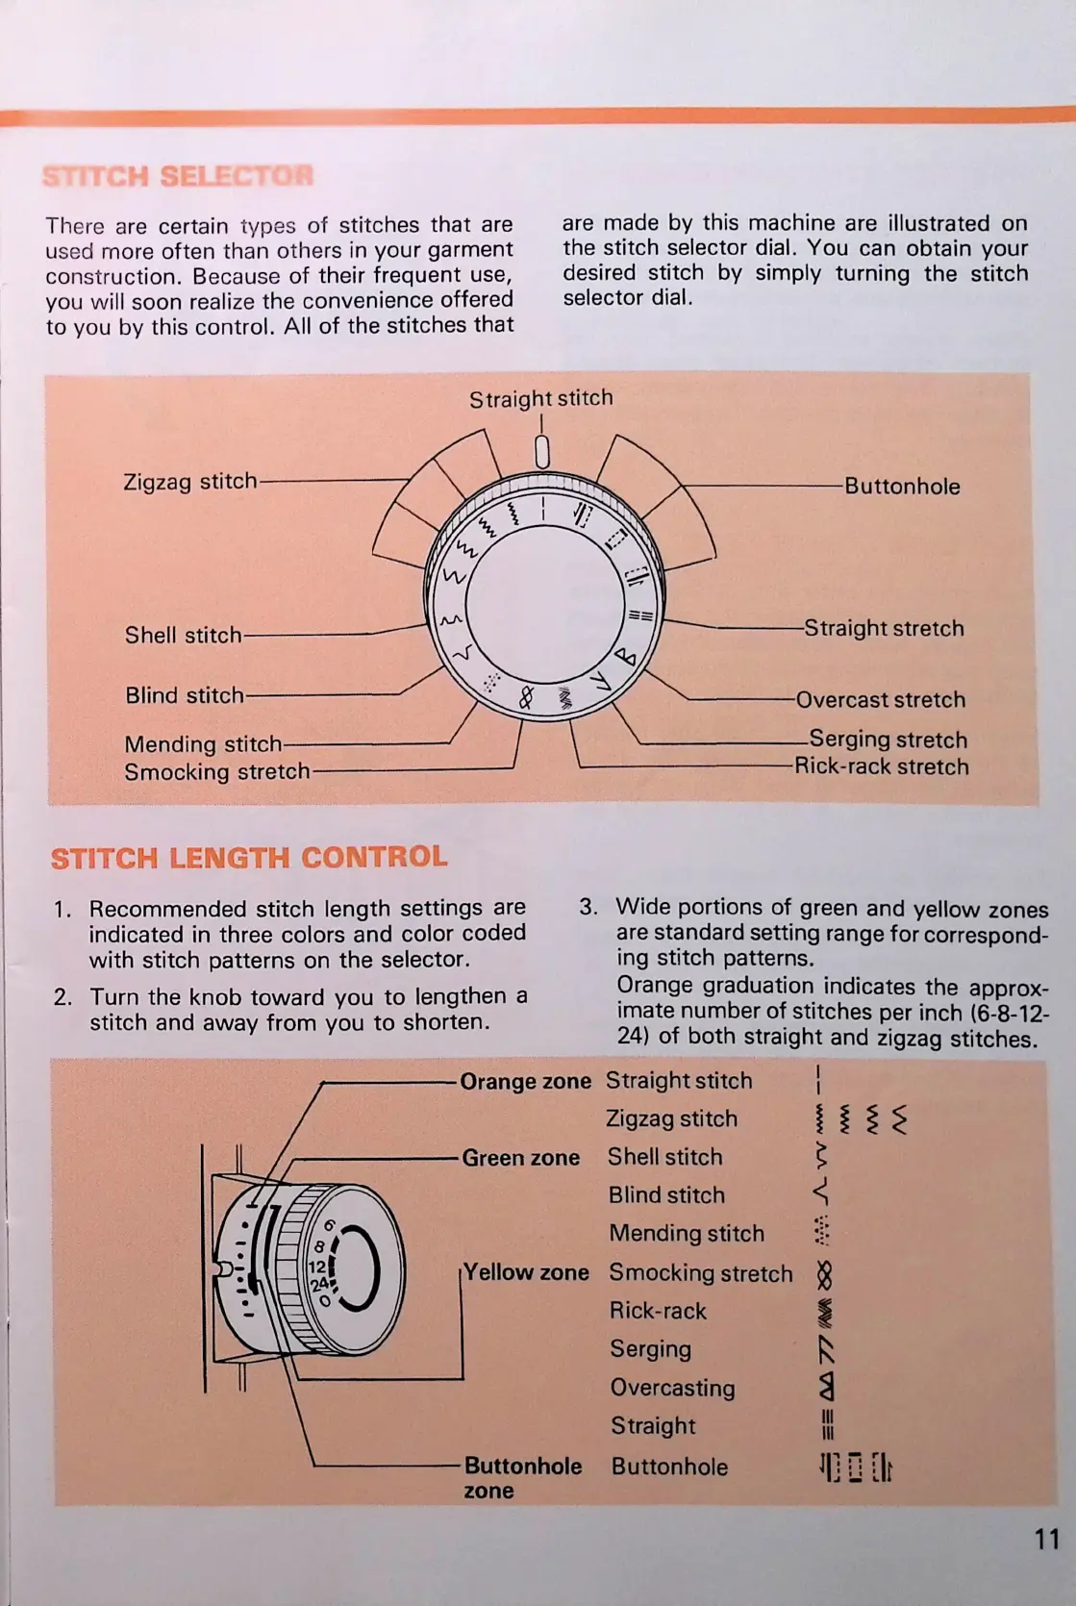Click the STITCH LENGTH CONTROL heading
pyautogui.click(x=249, y=857)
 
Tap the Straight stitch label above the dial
pyautogui.click(x=540, y=398)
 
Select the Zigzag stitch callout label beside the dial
pyautogui.click(x=190, y=481)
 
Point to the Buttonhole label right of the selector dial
pyautogui.click(x=902, y=487)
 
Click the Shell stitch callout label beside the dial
pyautogui.click(x=183, y=635)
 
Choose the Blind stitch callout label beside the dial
pyautogui.click(x=185, y=695)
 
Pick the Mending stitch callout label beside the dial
pyautogui.click(x=203, y=744)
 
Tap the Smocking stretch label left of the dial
pyautogui.click(x=217, y=771)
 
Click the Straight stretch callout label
pyautogui.click(x=884, y=628)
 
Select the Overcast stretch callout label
pyautogui.click(x=880, y=699)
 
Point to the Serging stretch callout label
pyautogui.click(x=888, y=740)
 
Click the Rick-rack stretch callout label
pyautogui.click(x=881, y=766)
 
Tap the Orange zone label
pyautogui.click(x=525, y=1081)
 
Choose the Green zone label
pyautogui.click(x=520, y=1158)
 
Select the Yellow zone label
pyautogui.click(x=526, y=1272)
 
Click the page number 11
pyautogui.click(x=1046, y=1539)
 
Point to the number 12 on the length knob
pyautogui.click(x=316, y=1267)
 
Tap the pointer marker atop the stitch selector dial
pyautogui.click(x=541, y=451)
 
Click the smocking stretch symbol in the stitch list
pyautogui.click(x=823, y=1275)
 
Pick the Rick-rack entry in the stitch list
pyautogui.click(x=658, y=1311)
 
